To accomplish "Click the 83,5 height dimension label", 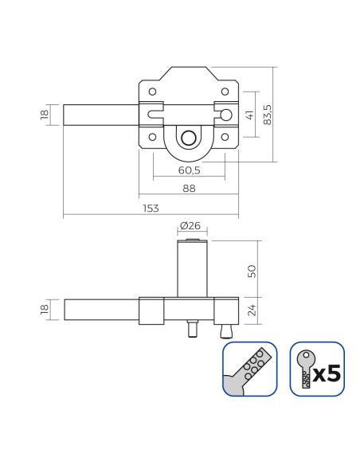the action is pos(267,115).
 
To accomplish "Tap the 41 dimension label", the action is pos(250,115).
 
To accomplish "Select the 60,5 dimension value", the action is pos(190,170).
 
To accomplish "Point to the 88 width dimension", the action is pos(190,189).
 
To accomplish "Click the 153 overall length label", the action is pos(151,208).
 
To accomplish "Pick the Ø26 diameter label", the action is pos(190,225).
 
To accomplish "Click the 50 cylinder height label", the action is pos(252,271).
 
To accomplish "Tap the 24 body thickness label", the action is pos(252,311).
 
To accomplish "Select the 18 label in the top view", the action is pos(44,115).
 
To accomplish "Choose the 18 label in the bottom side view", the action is pos(44,310).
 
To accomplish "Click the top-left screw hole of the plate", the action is pos(152,92).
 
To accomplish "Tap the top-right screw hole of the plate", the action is pos(225,92).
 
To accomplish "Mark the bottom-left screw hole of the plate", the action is pos(152,137).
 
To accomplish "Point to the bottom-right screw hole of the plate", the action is pos(225,137).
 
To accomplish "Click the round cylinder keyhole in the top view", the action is pos(189,138).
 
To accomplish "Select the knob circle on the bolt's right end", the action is pos(226,115).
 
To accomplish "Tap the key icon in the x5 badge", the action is pos(305,369).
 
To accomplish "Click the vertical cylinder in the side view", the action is pos(192,268).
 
